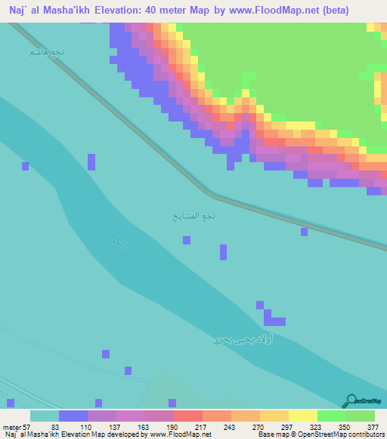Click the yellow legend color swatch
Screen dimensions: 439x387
(303, 416)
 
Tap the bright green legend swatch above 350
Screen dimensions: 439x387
(332, 416)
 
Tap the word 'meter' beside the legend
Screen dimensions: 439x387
(11, 426)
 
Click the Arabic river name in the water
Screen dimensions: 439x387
(121, 243)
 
